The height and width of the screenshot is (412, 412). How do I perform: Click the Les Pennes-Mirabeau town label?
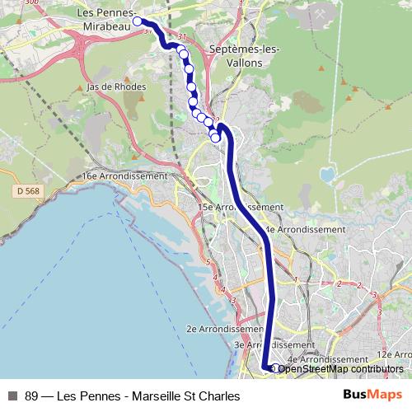click(105, 20)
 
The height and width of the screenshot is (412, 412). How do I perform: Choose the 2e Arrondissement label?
click(215, 328)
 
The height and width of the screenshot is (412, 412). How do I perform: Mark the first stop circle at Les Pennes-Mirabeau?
click(138, 22)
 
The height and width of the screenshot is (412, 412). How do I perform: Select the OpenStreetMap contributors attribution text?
click(340, 368)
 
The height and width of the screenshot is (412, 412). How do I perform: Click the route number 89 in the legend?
click(32, 396)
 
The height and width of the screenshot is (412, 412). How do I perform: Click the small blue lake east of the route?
click(328, 175)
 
